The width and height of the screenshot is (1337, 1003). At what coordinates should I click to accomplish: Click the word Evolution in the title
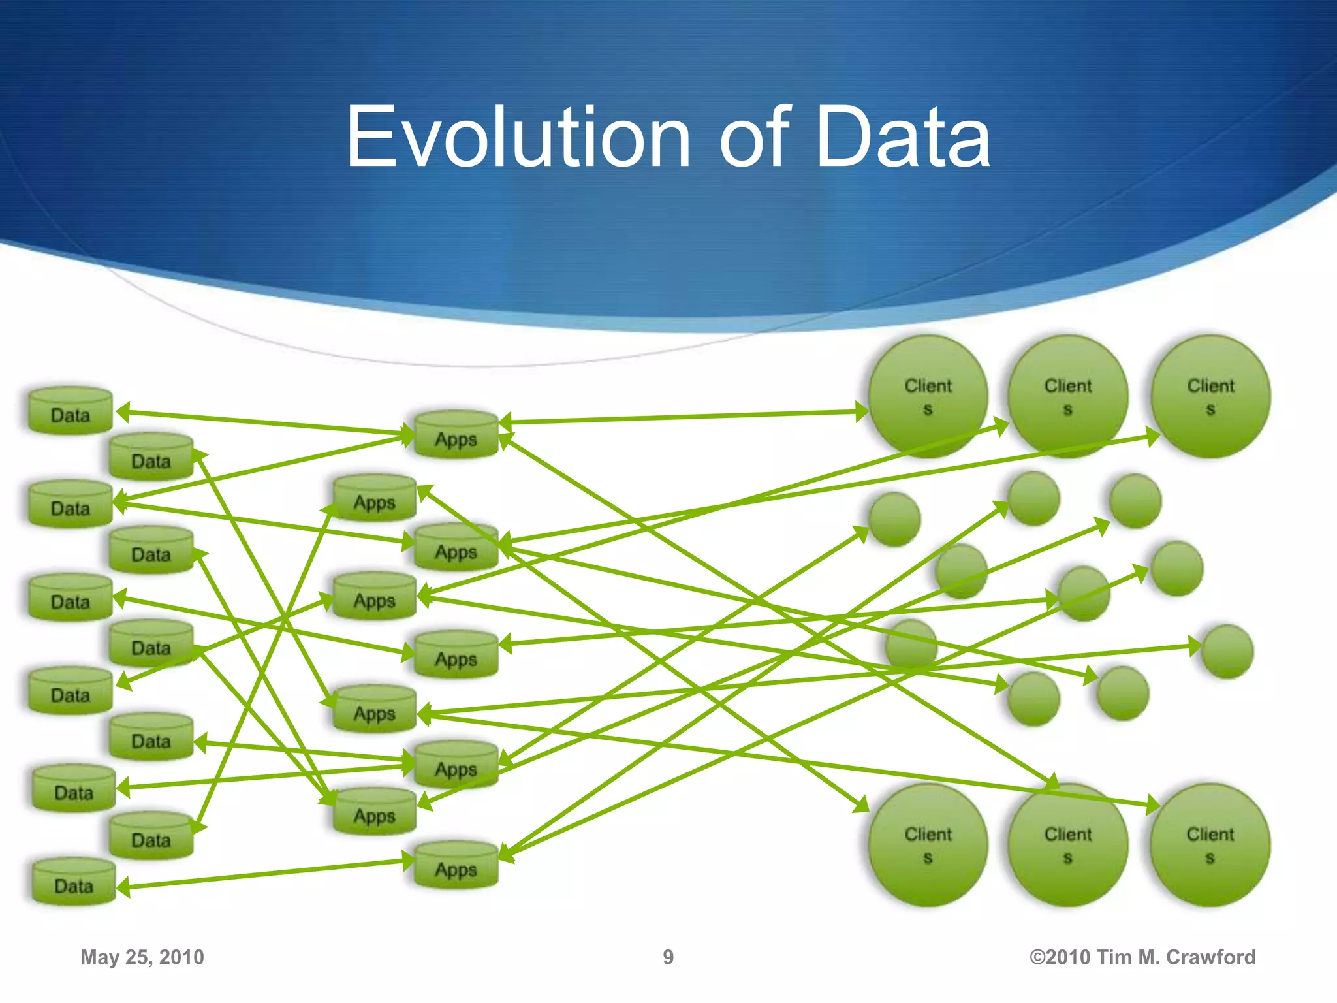[518, 138]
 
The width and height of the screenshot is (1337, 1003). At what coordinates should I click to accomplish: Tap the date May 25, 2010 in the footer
[142, 957]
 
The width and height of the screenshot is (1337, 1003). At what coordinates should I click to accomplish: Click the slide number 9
[668, 957]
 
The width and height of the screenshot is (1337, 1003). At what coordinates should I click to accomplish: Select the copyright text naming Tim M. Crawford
[1142, 957]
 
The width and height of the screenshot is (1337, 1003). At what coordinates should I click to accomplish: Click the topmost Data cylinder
[71, 411]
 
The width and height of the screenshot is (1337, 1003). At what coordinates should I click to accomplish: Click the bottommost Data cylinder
[74, 882]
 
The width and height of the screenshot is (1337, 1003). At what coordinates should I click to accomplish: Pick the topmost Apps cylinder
[456, 435]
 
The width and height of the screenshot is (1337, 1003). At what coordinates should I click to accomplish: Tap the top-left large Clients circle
[928, 396]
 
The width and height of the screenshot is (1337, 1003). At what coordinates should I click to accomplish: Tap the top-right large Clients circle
[1210, 396]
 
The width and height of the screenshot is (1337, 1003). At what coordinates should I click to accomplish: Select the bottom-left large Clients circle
[928, 845]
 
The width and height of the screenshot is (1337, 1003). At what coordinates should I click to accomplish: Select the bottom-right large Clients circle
[1210, 845]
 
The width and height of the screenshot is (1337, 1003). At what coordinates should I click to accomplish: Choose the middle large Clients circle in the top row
[1068, 396]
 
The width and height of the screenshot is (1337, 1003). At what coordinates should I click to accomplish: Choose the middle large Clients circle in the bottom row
[1068, 845]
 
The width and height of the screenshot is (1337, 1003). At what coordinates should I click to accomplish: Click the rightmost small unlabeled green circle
[1227, 651]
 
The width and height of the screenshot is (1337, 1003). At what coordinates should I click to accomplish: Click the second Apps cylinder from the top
[375, 498]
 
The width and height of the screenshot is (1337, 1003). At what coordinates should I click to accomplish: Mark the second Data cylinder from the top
[151, 456]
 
